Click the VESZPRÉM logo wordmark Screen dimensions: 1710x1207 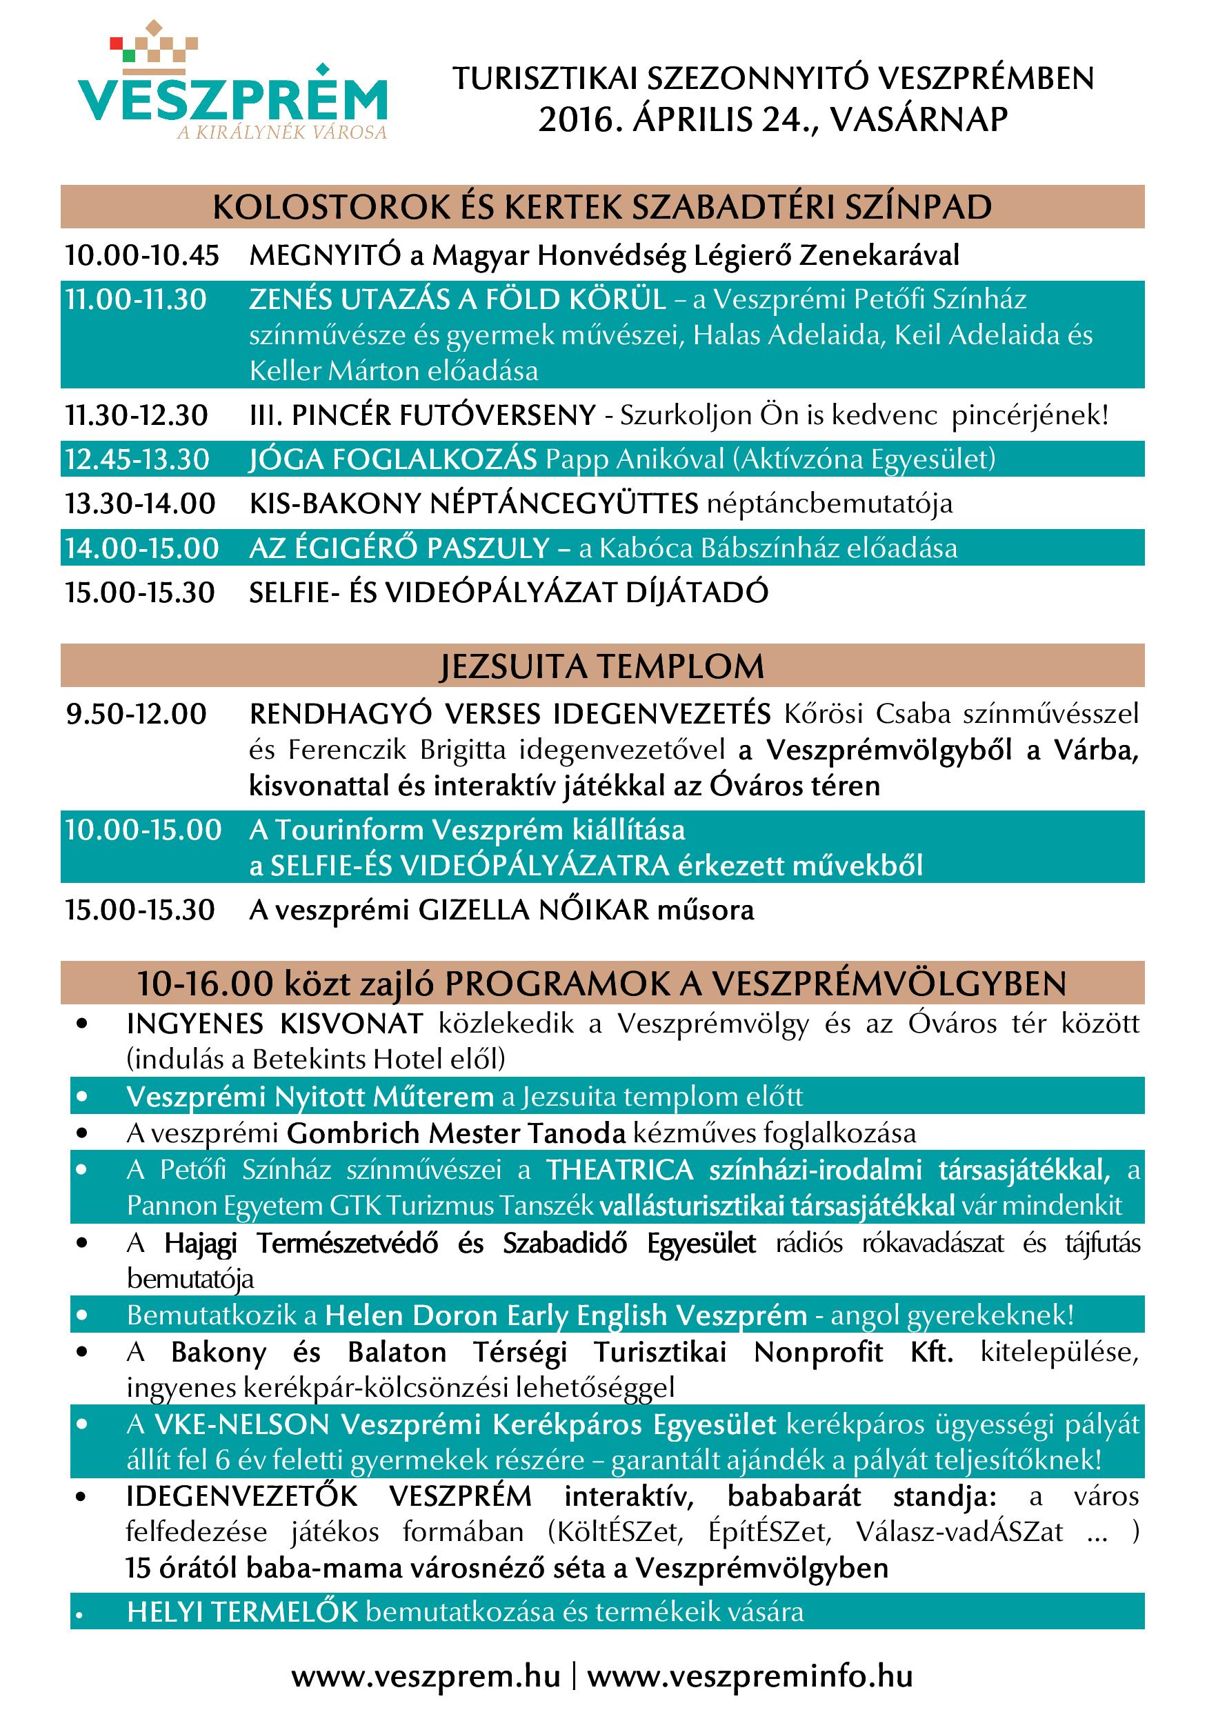tap(232, 99)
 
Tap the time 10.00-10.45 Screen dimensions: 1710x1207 tap(141, 255)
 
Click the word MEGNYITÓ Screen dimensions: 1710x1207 tap(324, 255)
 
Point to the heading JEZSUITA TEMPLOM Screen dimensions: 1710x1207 tap(601, 666)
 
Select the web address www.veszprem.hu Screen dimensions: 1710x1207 tap(426, 1676)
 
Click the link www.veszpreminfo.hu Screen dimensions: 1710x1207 tap(750, 1676)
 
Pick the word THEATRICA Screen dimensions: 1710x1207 tap(620, 1170)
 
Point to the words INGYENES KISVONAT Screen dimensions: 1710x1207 tap(275, 1024)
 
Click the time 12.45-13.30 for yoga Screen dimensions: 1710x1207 tap(137, 459)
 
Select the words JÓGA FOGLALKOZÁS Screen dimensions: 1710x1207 tap(392, 459)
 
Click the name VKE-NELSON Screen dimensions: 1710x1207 tap(242, 1424)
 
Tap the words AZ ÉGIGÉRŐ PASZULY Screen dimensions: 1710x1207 tap(399, 548)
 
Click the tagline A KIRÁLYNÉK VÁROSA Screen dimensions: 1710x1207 tap(282, 132)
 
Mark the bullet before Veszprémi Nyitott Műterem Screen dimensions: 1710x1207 tap(82, 1096)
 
